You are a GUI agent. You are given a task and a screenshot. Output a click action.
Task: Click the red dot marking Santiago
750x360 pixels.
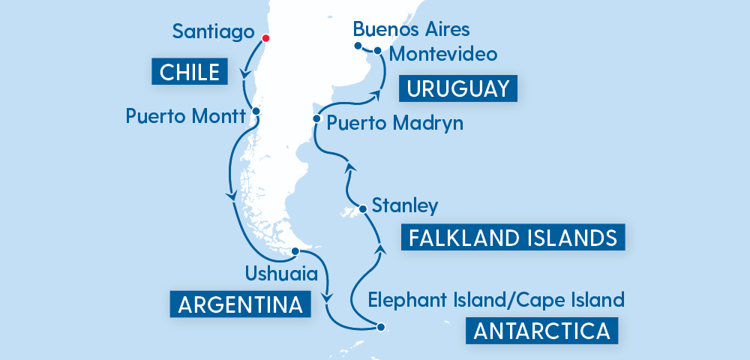pos(264,38)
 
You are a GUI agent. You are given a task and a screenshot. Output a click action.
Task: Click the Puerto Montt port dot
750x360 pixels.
pos(256,111)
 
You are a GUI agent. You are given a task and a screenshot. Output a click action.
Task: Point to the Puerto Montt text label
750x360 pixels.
pos(186,116)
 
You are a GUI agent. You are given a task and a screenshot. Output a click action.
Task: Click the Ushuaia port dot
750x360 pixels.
pos(295,251)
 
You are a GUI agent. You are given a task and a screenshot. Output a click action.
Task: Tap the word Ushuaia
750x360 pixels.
pos(277,271)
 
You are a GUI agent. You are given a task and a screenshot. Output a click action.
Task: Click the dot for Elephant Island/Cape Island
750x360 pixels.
pos(381,326)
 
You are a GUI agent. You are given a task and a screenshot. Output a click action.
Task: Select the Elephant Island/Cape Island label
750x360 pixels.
pos(496,301)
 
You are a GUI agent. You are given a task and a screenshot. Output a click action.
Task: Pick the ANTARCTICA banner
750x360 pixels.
pos(541,331)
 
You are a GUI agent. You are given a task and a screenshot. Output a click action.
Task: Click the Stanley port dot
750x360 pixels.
pos(362,208)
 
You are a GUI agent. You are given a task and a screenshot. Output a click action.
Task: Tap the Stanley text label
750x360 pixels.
pos(405,205)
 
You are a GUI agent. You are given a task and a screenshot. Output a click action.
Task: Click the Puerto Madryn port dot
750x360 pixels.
pos(317,118)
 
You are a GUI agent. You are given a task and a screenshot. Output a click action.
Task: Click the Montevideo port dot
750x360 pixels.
pos(378,51)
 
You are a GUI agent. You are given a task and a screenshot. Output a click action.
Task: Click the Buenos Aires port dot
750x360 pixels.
pos(358,46)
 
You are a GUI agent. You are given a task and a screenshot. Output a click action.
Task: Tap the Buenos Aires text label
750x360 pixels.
pos(411,29)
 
